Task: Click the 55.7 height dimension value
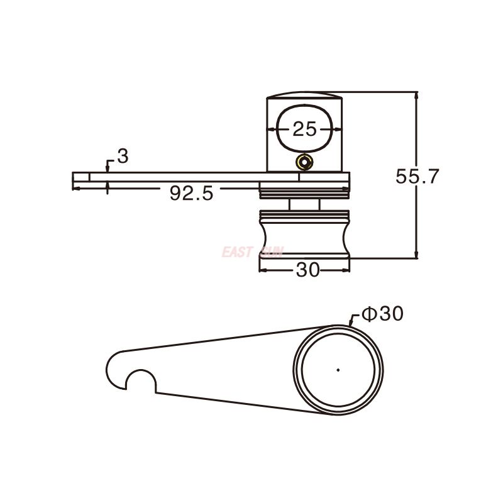[x=417, y=176]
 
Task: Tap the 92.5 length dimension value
[x=191, y=194]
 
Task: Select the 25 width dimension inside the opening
[x=304, y=129]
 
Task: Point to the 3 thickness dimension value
[x=123, y=157]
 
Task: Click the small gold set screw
[x=305, y=162]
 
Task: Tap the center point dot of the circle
[x=338, y=370]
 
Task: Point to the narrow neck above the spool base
[x=304, y=204]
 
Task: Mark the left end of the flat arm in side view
[x=74, y=180]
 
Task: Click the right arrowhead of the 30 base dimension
[x=346, y=270]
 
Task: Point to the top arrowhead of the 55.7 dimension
[x=416, y=95]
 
